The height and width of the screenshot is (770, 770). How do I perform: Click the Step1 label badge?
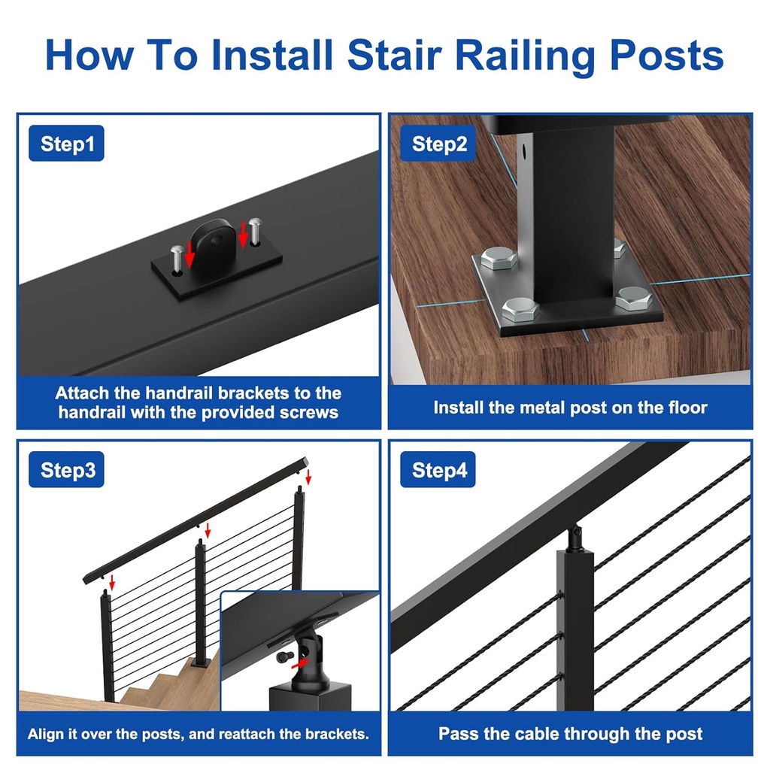(x=66, y=144)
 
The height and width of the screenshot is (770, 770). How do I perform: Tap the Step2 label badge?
(x=439, y=144)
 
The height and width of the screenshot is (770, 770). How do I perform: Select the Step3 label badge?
(x=67, y=471)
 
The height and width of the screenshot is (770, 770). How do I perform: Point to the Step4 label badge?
(x=439, y=471)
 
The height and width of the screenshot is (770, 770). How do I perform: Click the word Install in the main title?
(x=271, y=54)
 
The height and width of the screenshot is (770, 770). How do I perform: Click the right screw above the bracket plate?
(x=255, y=229)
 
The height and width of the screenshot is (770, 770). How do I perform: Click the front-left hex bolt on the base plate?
(x=520, y=308)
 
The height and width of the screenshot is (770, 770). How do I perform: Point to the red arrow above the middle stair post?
(x=208, y=531)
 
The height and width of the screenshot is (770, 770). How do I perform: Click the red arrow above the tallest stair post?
(x=308, y=477)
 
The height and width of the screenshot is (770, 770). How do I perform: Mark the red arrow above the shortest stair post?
(x=112, y=581)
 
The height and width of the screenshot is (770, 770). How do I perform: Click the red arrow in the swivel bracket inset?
(x=299, y=664)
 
